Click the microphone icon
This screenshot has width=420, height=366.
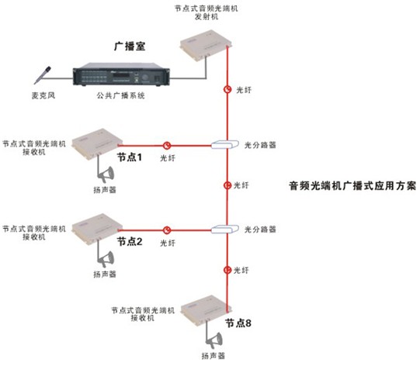point(43,75)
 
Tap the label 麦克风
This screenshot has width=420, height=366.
point(43,95)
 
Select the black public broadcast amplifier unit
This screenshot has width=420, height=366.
point(121,74)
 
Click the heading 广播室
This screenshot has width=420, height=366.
point(130,47)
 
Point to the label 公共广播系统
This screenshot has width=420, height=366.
point(121,95)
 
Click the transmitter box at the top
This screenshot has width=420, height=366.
point(206,45)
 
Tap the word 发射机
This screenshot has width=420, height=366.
point(207,17)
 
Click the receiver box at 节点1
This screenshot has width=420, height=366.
point(97,144)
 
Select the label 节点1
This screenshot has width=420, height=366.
point(130,157)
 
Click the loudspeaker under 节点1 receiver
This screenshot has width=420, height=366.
point(106,174)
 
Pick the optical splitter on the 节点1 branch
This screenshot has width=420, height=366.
point(225,144)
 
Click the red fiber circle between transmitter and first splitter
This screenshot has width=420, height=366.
point(227,89)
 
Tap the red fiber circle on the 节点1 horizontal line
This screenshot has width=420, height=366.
point(167,146)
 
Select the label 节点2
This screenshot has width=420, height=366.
point(130,242)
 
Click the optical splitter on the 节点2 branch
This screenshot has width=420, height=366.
point(225,229)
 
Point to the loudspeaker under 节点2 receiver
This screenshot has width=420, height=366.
point(106,259)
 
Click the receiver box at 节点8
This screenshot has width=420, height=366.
point(206,310)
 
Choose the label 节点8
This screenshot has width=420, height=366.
point(238,323)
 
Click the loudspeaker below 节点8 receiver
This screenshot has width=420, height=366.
point(214,340)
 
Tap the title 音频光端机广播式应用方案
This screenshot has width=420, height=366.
point(352,185)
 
